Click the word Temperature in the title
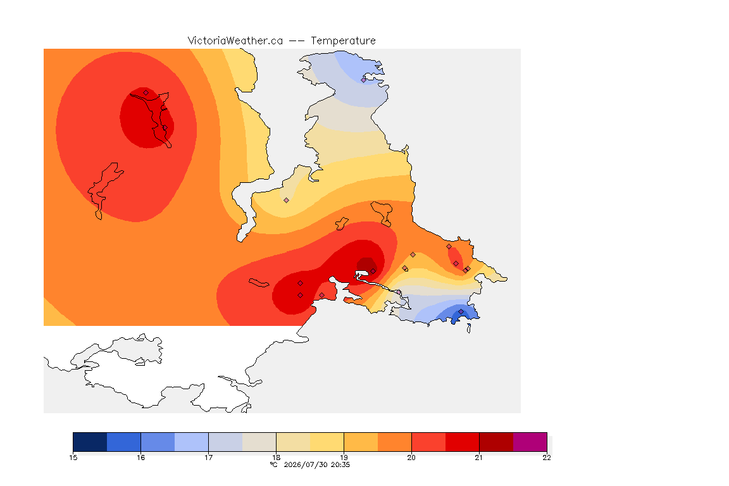point(343,41)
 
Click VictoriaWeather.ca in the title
point(235,41)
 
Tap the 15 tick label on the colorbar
point(73,458)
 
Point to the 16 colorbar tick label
point(141,458)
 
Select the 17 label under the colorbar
point(208,458)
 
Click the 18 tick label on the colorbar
point(276,458)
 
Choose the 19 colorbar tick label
point(344,458)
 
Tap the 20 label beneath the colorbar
point(411,458)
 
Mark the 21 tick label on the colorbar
point(479,458)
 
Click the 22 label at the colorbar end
point(547,458)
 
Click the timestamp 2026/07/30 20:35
point(316,464)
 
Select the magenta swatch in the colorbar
point(530,442)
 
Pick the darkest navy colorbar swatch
point(90,442)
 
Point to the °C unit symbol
point(274,464)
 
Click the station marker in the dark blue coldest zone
point(461,311)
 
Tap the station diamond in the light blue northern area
point(364,80)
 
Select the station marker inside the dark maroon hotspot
point(373,271)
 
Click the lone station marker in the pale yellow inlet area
point(287,201)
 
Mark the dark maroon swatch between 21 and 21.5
point(496,442)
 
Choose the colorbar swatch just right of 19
point(361,442)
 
